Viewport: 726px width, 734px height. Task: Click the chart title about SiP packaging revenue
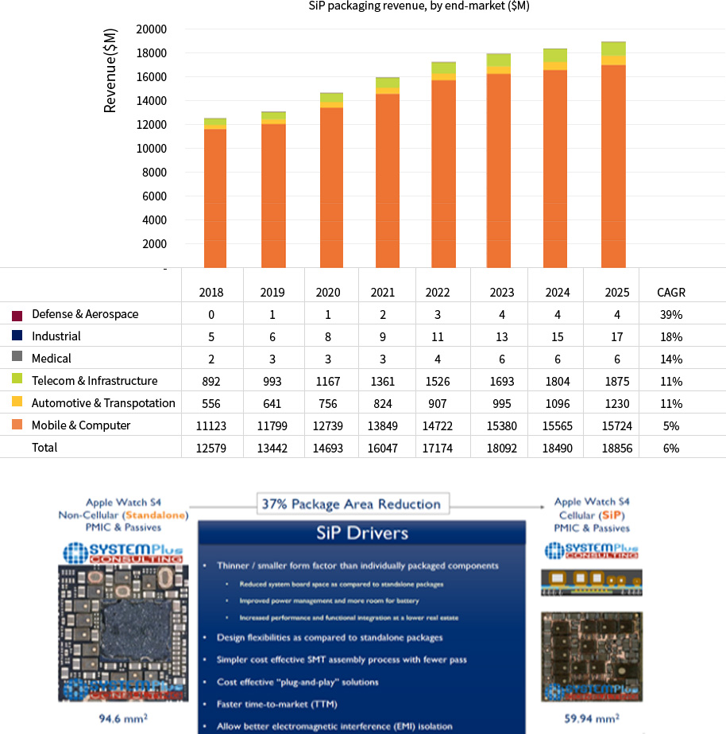pos(419,6)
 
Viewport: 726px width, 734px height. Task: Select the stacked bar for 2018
pos(215,195)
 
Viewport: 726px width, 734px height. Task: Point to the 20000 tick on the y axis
pos(152,29)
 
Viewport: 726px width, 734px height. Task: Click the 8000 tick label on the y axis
pos(154,173)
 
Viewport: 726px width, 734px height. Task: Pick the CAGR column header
pos(671,292)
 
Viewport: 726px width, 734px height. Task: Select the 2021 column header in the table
pos(382,292)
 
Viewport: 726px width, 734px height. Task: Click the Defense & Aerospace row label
pos(85,314)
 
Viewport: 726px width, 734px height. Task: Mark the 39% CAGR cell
pos(671,314)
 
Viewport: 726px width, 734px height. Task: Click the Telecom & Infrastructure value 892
pos(211,381)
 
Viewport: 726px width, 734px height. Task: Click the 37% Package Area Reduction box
pos(351,504)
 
